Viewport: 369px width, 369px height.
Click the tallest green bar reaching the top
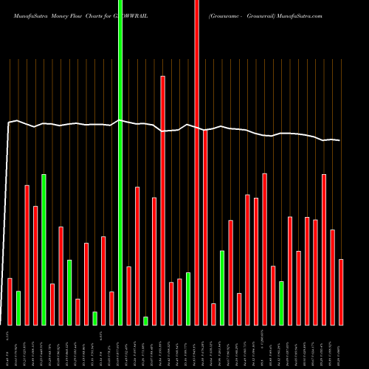120,162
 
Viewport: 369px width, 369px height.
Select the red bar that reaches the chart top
196,162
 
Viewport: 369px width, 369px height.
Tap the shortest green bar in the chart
145,320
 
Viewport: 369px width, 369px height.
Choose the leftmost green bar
18,308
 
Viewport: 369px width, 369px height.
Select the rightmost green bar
281,303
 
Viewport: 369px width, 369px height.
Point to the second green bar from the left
44,249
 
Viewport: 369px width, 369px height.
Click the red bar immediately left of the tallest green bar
111,308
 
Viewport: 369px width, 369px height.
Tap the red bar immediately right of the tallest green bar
128,295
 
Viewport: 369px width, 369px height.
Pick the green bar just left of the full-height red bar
188,298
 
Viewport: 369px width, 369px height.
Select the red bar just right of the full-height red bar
205,227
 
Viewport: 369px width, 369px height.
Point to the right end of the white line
340,140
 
